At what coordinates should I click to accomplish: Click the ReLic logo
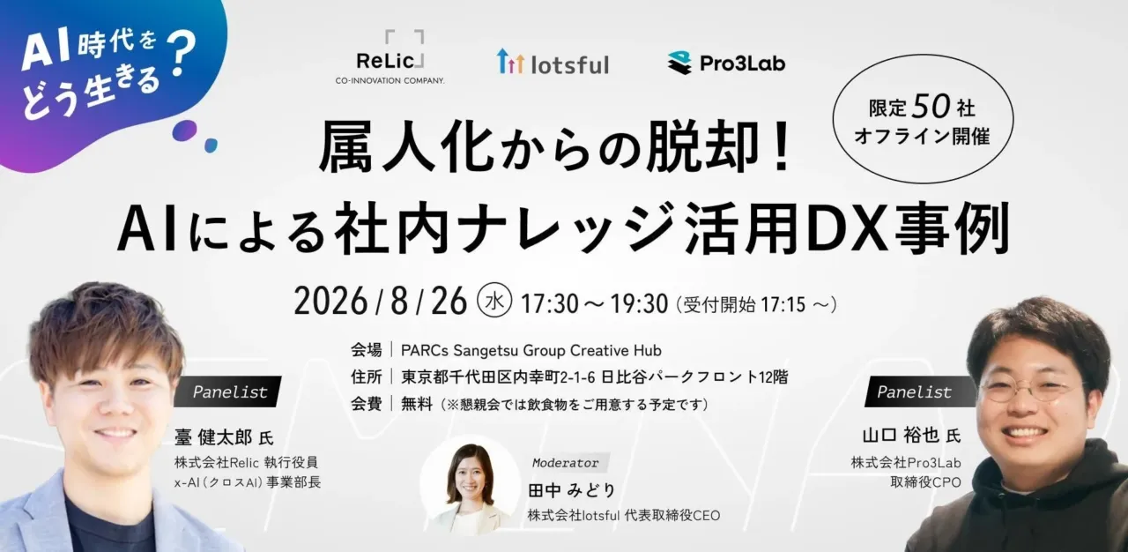tap(390, 57)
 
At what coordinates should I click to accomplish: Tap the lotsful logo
tap(553, 62)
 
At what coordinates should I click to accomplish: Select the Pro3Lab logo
tap(726, 63)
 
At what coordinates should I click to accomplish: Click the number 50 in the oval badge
tap(931, 106)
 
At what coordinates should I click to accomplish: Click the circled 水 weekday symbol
tap(494, 301)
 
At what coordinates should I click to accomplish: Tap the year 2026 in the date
tap(330, 302)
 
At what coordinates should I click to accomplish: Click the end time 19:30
tap(639, 303)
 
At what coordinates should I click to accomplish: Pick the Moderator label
tap(566, 463)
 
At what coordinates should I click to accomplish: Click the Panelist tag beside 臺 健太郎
tap(230, 392)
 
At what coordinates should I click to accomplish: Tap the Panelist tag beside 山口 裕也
tap(914, 392)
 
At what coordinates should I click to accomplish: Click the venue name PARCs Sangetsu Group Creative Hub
tap(531, 350)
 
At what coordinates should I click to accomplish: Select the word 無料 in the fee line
tap(417, 404)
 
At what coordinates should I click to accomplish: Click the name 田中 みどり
tap(572, 490)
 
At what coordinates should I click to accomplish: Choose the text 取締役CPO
tap(925, 482)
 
